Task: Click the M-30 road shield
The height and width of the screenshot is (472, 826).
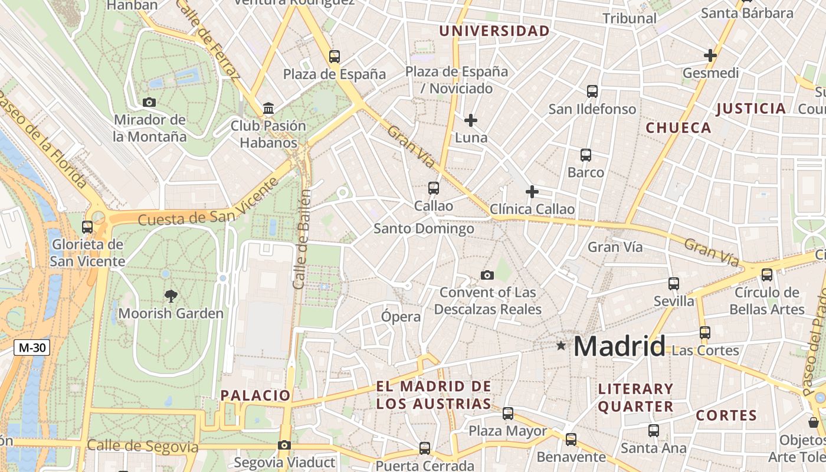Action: (32, 348)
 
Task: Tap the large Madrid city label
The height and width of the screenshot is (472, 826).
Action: (619, 346)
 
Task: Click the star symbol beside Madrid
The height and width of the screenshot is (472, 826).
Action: (560, 345)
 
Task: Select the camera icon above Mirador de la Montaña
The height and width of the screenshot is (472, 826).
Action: (149, 102)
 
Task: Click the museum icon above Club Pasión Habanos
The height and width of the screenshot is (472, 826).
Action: (268, 108)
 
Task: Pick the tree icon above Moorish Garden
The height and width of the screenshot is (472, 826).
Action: (171, 296)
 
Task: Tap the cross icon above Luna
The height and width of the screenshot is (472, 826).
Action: (471, 120)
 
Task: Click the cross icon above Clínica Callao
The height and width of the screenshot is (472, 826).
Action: (532, 192)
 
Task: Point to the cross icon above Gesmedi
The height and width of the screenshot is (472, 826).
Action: (710, 55)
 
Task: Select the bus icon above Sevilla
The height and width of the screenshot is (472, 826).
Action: (674, 283)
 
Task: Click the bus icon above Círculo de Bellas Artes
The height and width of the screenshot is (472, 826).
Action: (767, 274)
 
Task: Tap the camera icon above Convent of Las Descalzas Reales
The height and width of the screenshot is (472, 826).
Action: (487, 275)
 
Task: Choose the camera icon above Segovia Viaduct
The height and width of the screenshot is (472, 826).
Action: (284, 445)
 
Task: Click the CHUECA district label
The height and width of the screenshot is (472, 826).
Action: (678, 127)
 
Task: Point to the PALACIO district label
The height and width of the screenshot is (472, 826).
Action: (255, 395)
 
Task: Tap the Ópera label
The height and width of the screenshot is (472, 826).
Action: (401, 316)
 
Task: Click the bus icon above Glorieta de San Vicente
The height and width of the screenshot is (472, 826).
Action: (87, 227)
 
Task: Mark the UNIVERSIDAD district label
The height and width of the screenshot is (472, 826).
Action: (494, 31)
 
